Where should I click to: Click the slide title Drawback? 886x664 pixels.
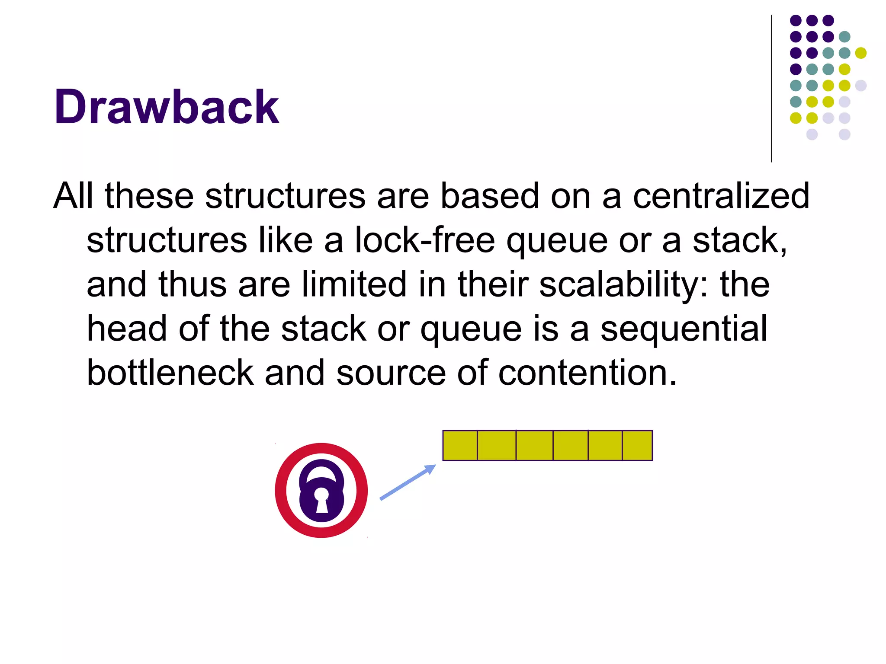[x=167, y=107]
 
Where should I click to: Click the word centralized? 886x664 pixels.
[x=721, y=196]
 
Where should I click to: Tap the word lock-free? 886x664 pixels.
[x=424, y=240]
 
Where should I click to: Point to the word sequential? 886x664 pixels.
[x=684, y=329]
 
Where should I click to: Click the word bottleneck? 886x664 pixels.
[x=170, y=373]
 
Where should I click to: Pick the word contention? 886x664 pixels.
[x=587, y=373]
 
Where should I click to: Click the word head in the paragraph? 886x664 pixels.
[x=127, y=329]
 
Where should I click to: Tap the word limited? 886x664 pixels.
[x=354, y=284]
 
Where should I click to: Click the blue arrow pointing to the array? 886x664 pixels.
[x=408, y=482]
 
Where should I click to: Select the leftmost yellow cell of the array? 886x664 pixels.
[x=460, y=445]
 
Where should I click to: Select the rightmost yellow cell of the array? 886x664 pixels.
[x=637, y=445]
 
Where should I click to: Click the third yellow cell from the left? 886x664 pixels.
[x=534, y=445]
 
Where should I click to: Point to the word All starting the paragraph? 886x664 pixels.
[x=73, y=196]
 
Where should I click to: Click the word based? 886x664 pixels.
[x=489, y=196]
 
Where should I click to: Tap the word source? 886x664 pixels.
[x=391, y=373]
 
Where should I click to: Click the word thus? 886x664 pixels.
[x=192, y=284]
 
